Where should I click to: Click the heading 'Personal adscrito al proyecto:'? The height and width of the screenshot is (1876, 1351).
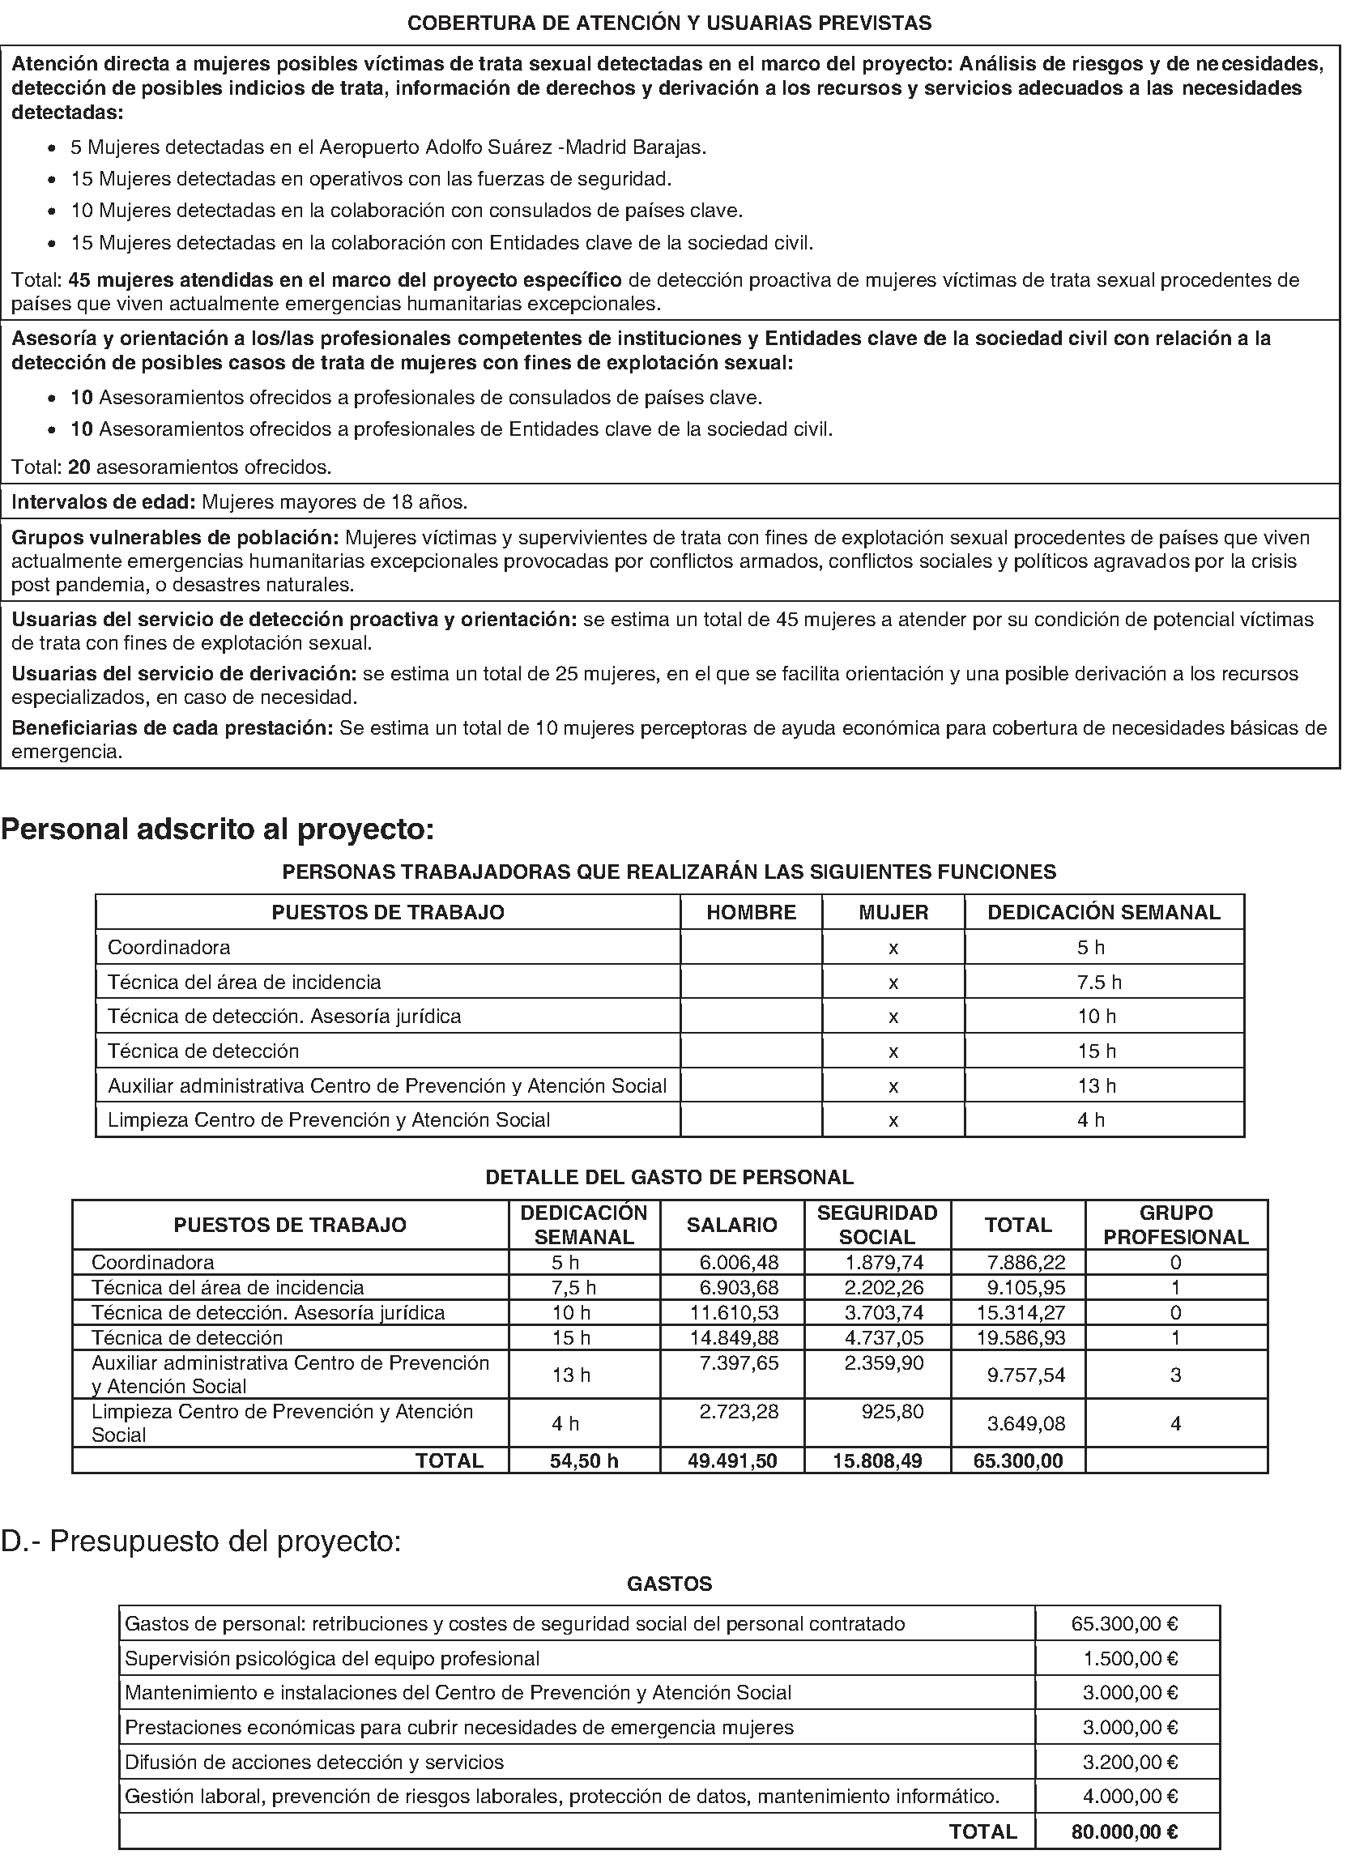pyautogui.click(x=218, y=829)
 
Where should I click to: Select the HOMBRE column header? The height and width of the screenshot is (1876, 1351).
pyautogui.click(x=750, y=912)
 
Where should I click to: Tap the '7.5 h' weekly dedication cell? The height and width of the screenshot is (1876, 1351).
pyautogui.click(x=1098, y=982)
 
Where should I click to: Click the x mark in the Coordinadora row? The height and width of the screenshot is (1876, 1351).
pyautogui.click(x=893, y=948)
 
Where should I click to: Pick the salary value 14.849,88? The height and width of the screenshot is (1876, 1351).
pyautogui.click(x=734, y=1337)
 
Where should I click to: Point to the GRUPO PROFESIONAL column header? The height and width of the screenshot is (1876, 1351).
pyautogui.click(x=1174, y=1225)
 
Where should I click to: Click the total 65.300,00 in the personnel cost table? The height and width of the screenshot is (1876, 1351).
pyautogui.click(x=1017, y=1460)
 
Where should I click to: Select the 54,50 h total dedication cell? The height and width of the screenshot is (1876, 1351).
pyautogui.click(x=584, y=1460)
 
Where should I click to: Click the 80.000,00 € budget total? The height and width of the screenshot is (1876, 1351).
pyautogui.click(x=1124, y=1832)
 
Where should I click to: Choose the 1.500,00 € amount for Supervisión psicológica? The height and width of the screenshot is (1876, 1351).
pyautogui.click(x=1130, y=1658)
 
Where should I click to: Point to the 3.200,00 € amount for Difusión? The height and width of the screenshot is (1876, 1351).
pyautogui.click(x=1130, y=1763)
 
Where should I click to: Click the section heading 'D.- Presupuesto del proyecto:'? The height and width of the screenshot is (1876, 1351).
pyautogui.click(x=201, y=1541)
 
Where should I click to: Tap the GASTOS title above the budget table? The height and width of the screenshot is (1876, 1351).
pyautogui.click(x=669, y=1584)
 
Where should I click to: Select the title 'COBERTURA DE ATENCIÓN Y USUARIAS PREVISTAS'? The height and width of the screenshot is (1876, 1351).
pyautogui.click(x=669, y=23)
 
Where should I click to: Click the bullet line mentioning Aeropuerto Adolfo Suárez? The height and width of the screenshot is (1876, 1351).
pyautogui.click(x=388, y=147)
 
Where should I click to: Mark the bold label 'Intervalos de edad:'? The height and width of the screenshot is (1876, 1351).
pyautogui.click(x=104, y=502)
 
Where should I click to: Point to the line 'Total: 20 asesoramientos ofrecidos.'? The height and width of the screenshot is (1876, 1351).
pyautogui.click(x=171, y=467)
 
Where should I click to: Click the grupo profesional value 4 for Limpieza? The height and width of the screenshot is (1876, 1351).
pyautogui.click(x=1174, y=1423)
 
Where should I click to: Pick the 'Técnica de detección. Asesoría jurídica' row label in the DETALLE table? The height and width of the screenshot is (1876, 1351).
pyautogui.click(x=268, y=1313)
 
